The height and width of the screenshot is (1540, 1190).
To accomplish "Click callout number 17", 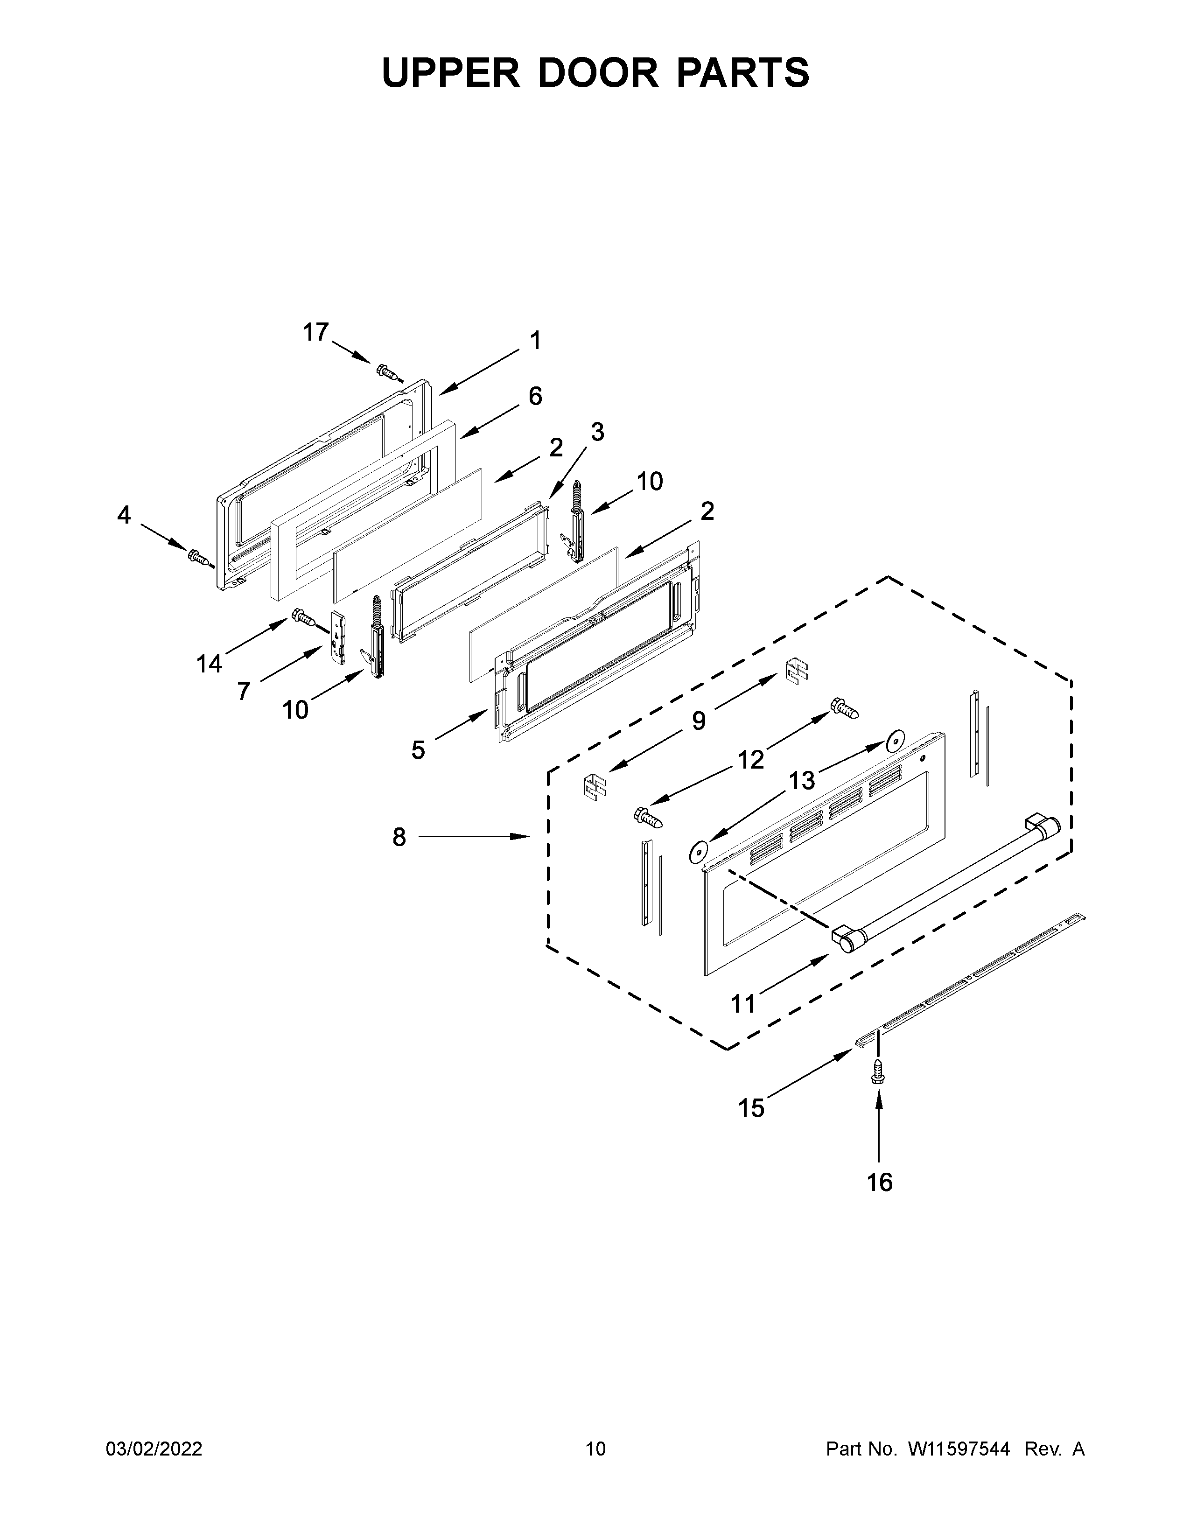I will click(x=315, y=332).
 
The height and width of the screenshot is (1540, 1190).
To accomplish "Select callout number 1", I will click(x=536, y=341).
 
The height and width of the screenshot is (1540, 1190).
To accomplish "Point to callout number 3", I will click(x=597, y=432).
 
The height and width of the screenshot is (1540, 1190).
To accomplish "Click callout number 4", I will click(x=123, y=516).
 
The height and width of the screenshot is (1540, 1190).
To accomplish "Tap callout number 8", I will click(x=399, y=837).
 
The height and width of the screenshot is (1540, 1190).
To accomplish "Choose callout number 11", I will click(x=743, y=1003).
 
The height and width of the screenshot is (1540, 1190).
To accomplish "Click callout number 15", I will click(x=751, y=1108).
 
